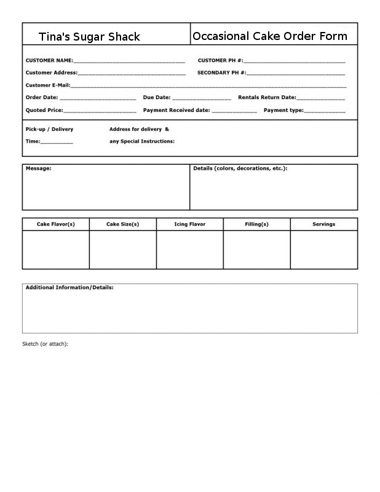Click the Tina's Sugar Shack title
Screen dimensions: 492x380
pos(89,37)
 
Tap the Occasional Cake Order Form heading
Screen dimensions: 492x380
pos(270,36)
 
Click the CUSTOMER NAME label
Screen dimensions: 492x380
pos(49,61)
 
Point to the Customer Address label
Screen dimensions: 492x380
pos(51,73)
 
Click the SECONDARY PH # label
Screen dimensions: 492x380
pos(221,73)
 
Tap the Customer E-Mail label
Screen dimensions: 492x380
pos(47,85)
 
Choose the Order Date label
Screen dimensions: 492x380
pos(41,97)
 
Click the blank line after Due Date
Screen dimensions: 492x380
pos(202,98)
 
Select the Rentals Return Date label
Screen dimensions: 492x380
pos(266,97)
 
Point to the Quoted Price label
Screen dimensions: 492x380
pos(44,110)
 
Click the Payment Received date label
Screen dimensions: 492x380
pos(176,110)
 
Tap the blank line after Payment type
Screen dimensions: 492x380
pos(325,111)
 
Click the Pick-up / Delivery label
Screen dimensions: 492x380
pos(49,129)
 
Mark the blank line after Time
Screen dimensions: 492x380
pos(57,142)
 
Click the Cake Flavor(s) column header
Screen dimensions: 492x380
pos(56,224)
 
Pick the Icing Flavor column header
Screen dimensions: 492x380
pos(189,224)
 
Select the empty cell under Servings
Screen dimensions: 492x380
pos(323,250)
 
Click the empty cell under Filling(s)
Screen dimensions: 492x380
pos(256,250)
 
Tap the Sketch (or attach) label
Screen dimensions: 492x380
pos(45,344)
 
